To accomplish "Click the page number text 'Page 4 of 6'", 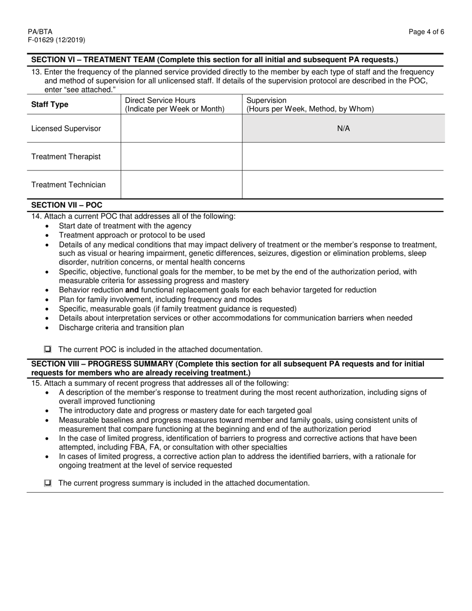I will pyautogui.click(x=426, y=32).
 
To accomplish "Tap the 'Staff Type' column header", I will pyautogui.click(x=50, y=105).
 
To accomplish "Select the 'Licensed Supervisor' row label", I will pyautogui.click(x=66, y=129).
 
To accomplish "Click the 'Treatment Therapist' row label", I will pyautogui.click(x=66, y=157).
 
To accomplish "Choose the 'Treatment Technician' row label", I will pyautogui.click(x=69, y=185).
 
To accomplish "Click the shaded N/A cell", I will pyautogui.click(x=343, y=129).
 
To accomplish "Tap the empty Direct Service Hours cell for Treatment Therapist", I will pyautogui.click(x=181, y=157).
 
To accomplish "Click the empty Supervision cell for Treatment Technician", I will pyautogui.click(x=343, y=185).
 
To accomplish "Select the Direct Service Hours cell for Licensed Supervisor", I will pyautogui.click(x=181, y=129).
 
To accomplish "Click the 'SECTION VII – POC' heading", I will pyautogui.click(x=67, y=205).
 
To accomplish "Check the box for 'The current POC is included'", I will pyautogui.click(x=48, y=349).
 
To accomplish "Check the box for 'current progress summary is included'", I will pyautogui.click(x=48, y=483).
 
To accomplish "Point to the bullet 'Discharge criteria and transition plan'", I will pyautogui.click(x=121, y=327).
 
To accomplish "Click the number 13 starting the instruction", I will pyautogui.click(x=36, y=72).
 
